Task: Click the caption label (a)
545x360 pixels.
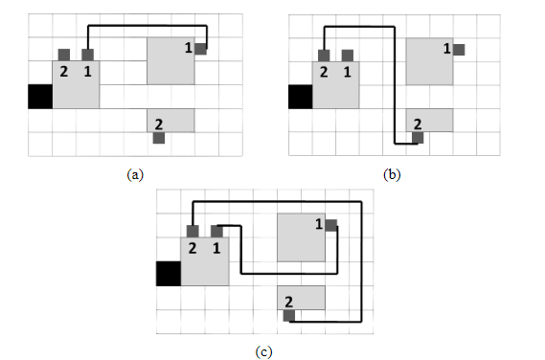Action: pyautogui.click(x=135, y=174)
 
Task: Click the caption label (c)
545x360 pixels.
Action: pyautogui.click(x=264, y=351)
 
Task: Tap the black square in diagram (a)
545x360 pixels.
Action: pyautogui.click(x=39, y=96)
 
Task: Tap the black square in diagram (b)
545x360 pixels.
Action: pyautogui.click(x=301, y=96)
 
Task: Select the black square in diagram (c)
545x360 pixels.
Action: pyautogui.click(x=169, y=272)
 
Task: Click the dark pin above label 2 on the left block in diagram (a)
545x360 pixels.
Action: pyautogui.click(x=63, y=55)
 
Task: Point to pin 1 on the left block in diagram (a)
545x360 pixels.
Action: pyautogui.click(x=88, y=55)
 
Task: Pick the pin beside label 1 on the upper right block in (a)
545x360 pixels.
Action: pyautogui.click(x=201, y=49)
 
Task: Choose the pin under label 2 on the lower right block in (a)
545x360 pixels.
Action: pyautogui.click(x=158, y=138)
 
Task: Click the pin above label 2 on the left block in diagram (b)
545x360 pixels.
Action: pyautogui.click(x=324, y=55)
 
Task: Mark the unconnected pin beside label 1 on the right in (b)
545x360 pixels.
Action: pyautogui.click(x=461, y=49)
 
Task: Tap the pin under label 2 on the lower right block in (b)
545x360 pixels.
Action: pyautogui.click(x=418, y=138)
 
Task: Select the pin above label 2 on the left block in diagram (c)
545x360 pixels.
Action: pyautogui.click(x=193, y=231)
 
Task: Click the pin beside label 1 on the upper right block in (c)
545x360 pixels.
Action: pyautogui.click(x=331, y=225)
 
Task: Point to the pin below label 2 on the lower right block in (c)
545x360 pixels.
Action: pyautogui.click(x=288, y=315)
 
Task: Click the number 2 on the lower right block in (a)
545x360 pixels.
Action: pyautogui.click(x=158, y=123)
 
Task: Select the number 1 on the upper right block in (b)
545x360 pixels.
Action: pyautogui.click(x=447, y=48)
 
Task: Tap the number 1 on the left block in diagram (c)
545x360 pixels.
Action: pyautogui.click(x=216, y=247)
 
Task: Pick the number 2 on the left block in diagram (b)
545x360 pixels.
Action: pyautogui.click(x=324, y=71)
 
